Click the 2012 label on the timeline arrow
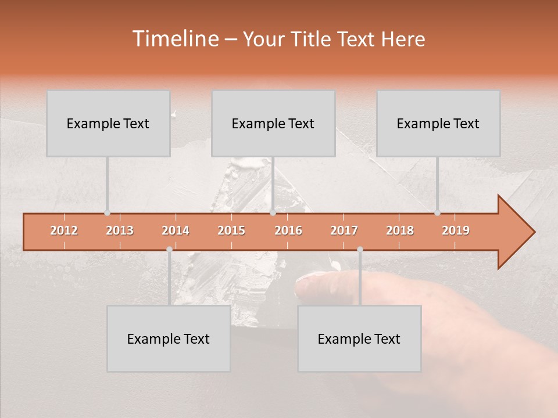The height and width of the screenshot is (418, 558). click(x=64, y=230)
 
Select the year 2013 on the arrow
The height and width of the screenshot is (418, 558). click(x=120, y=230)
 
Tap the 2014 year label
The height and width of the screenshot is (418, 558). click(x=176, y=230)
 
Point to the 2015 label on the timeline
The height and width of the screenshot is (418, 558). click(x=231, y=230)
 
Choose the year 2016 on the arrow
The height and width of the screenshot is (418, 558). click(x=288, y=230)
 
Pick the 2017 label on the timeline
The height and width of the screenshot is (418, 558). click(x=344, y=230)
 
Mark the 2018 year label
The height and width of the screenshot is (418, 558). click(x=400, y=230)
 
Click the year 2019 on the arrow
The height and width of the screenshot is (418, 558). click(x=456, y=230)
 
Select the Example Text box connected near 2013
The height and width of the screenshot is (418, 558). click(x=108, y=124)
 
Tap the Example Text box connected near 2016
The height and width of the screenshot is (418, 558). click(x=273, y=124)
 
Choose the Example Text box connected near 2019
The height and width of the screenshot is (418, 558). click(x=438, y=124)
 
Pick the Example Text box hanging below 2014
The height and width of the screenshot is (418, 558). click(x=169, y=338)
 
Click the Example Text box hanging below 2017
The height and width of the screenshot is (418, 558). click(x=359, y=338)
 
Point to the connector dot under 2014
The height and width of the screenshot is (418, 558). click(x=169, y=249)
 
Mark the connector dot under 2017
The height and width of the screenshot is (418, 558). click(x=360, y=249)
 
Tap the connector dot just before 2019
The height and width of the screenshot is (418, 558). click(x=438, y=212)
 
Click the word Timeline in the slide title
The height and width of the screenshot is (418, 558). click(x=174, y=39)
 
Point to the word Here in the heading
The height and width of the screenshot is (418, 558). click(x=403, y=39)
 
